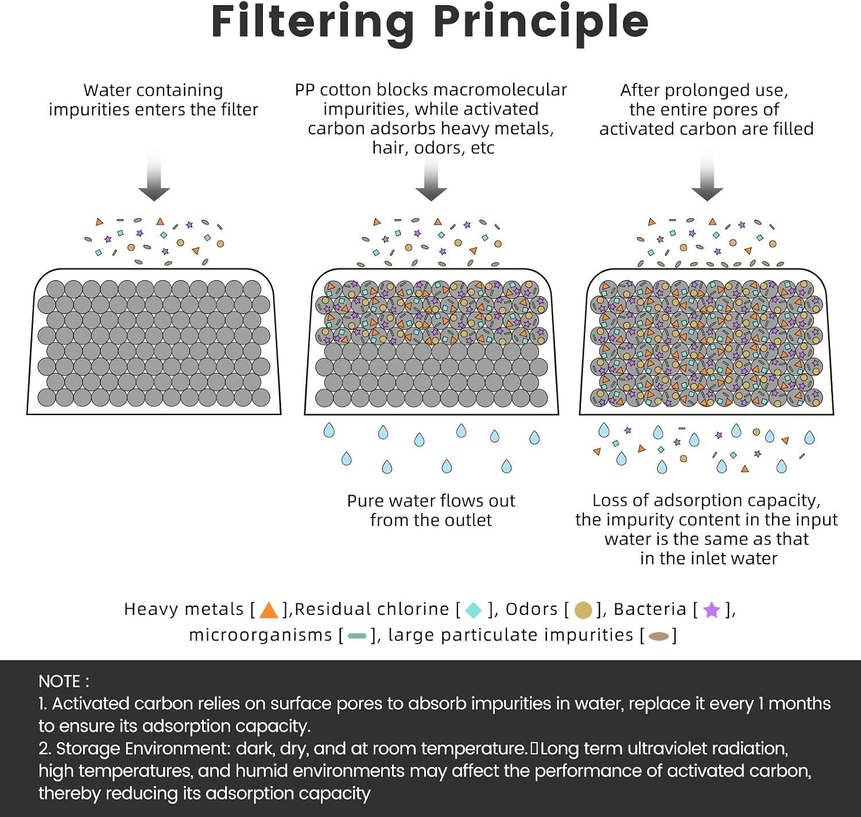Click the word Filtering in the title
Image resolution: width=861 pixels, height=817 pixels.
(x=313, y=23)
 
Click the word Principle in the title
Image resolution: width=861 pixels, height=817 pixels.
(x=541, y=23)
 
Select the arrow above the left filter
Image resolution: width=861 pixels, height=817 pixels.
(x=154, y=176)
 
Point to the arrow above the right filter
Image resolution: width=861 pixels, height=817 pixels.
(x=707, y=176)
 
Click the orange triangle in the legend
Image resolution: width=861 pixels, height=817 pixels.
(x=269, y=610)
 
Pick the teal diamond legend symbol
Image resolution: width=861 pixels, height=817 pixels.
(x=473, y=610)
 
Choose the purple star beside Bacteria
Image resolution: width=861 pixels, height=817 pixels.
(x=712, y=610)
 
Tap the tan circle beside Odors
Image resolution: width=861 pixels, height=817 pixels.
(x=583, y=610)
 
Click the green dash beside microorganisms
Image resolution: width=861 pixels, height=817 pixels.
(x=356, y=636)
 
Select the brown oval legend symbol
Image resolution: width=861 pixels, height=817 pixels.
(x=658, y=636)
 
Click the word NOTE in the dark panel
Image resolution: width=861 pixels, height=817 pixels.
(x=59, y=681)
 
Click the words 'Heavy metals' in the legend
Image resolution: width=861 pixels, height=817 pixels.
(x=184, y=609)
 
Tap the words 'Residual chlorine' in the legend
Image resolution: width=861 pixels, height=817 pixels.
(x=372, y=609)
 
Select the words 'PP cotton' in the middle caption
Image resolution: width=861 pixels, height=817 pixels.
(x=333, y=90)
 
